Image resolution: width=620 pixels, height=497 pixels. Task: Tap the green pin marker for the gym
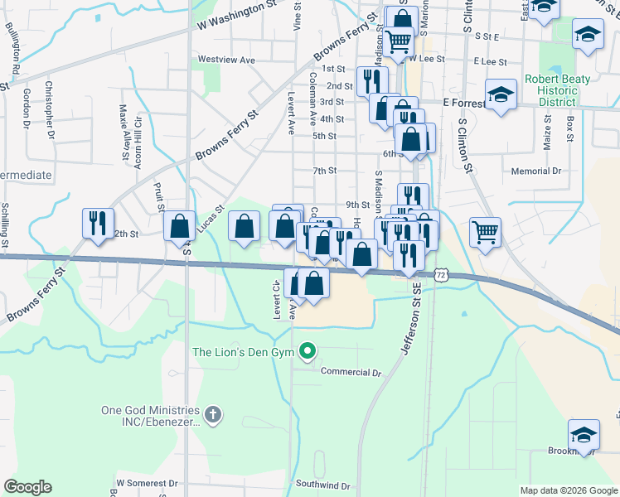(x=308, y=352)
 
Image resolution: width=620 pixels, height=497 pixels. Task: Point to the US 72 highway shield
(x=441, y=274)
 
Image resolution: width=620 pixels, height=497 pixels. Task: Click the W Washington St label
(x=237, y=15)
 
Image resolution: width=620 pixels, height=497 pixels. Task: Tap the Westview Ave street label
(x=226, y=60)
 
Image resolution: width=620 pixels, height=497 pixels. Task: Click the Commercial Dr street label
(x=351, y=373)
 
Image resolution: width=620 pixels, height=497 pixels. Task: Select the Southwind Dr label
(x=323, y=485)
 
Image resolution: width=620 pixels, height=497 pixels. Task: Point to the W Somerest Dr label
(x=147, y=482)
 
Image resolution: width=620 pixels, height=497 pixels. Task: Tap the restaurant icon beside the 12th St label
(x=98, y=224)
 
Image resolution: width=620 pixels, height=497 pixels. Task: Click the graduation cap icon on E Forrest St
(x=501, y=94)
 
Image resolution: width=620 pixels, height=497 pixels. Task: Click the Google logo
(x=27, y=487)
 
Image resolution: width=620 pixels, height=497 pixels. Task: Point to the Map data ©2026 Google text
(x=569, y=490)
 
